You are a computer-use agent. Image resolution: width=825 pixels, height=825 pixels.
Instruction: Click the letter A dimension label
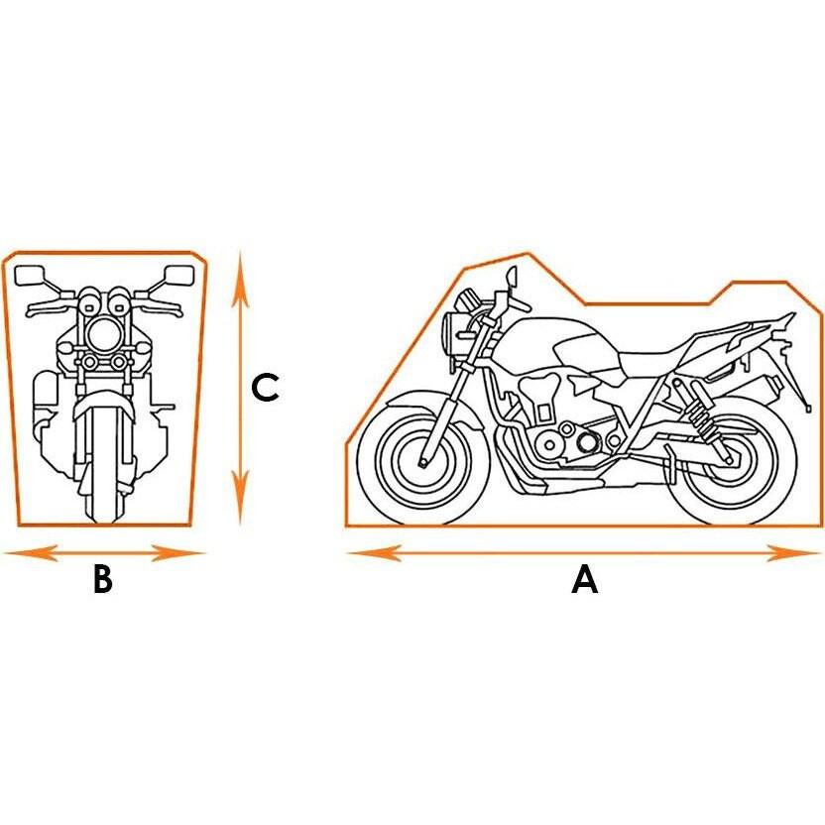click(x=585, y=579)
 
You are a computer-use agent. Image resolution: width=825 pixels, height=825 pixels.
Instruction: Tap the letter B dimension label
click(x=103, y=579)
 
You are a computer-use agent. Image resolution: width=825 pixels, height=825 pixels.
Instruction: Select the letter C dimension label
click(x=265, y=389)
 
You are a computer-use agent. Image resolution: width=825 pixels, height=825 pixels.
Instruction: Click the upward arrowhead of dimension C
click(x=240, y=279)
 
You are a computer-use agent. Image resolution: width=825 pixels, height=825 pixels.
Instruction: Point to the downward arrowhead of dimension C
click(x=240, y=497)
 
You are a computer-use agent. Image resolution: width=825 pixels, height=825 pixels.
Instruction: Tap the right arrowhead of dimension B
click(x=177, y=553)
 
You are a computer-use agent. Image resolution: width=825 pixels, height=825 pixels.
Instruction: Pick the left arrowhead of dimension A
click(x=374, y=553)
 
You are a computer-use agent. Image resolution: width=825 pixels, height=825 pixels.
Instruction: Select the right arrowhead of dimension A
click(x=793, y=553)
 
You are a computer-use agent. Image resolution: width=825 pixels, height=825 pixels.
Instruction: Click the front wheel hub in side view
click(x=423, y=462)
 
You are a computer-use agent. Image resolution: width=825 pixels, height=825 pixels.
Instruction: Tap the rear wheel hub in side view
click(x=730, y=460)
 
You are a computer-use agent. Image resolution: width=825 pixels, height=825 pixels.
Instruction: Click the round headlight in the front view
click(x=103, y=334)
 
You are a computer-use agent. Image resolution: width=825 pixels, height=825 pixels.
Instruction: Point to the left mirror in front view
click(x=30, y=276)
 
